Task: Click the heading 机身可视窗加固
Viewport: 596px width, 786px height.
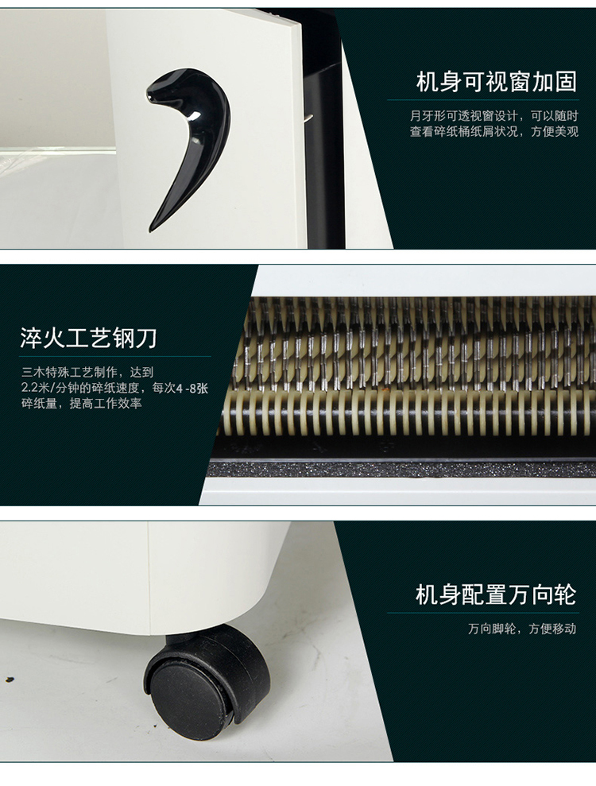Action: pyautogui.click(x=496, y=82)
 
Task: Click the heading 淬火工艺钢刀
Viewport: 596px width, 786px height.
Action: pyautogui.click(x=89, y=338)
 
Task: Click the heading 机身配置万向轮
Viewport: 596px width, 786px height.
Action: pyautogui.click(x=496, y=594)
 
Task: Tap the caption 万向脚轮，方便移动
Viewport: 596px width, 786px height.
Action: pyautogui.click(x=522, y=629)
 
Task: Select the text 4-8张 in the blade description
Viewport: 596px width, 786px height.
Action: pyautogui.click(x=192, y=388)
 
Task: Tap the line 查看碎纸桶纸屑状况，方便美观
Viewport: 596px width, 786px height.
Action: pyautogui.click(x=494, y=132)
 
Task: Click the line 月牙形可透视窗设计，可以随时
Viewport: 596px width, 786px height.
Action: pyautogui.click(x=494, y=116)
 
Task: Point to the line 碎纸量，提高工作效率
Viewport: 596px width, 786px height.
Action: pyautogui.click(x=82, y=404)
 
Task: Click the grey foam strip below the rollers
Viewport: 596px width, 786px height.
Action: pyautogui.click(x=401, y=469)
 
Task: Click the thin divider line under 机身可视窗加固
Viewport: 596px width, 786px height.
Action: pyautogui.click(x=483, y=100)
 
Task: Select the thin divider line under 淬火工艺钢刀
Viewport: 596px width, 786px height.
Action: pyautogui.click(x=115, y=356)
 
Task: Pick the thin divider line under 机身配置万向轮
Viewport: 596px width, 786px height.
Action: pyautogui.click(x=483, y=613)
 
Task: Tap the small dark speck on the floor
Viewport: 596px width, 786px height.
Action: pyautogui.click(x=9, y=680)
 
